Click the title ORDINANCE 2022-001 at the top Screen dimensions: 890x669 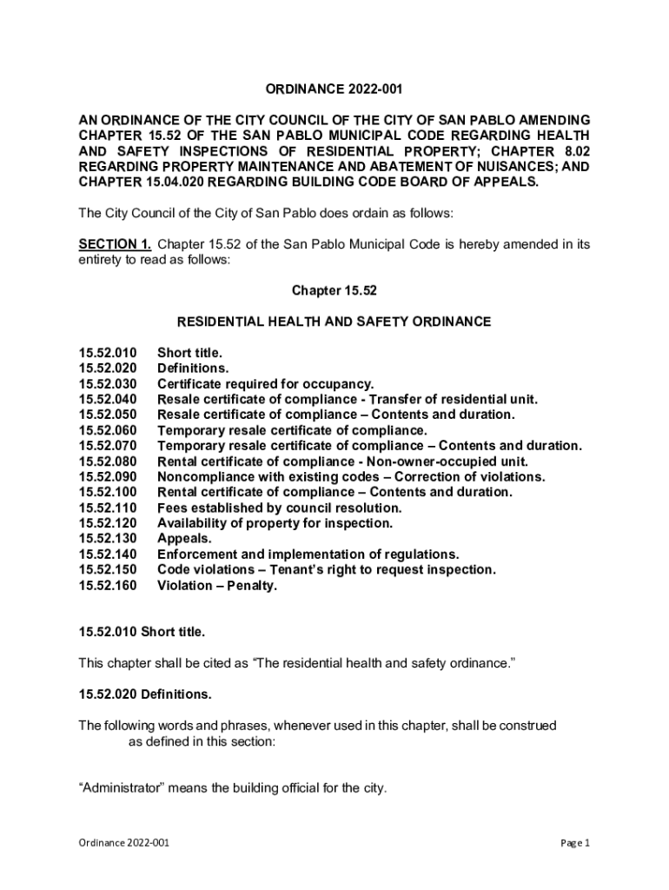[334, 90]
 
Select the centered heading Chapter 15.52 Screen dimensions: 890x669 [334, 291]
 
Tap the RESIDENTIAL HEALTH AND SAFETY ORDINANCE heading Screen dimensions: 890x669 [334, 322]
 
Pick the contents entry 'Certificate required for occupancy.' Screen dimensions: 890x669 [265, 384]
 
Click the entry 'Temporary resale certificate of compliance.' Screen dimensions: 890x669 [292, 430]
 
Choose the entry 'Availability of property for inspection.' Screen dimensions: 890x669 [275, 523]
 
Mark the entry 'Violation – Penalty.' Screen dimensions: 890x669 [216, 586]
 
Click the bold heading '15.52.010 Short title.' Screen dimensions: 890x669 [142, 631]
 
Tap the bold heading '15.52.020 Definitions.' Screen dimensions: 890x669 [145, 694]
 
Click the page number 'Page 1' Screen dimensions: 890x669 [575, 843]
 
